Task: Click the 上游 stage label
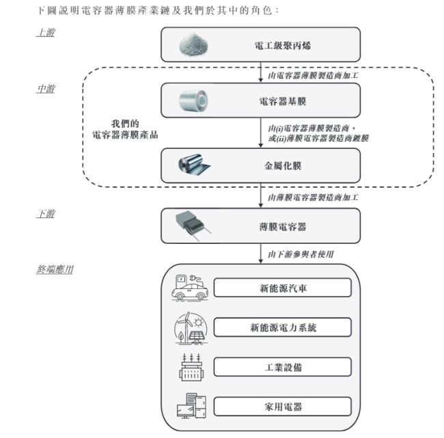tap(45, 33)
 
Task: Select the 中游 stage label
tap(45, 90)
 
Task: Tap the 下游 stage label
tap(45, 215)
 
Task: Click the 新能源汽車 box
tap(282, 288)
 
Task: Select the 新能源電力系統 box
tap(282, 328)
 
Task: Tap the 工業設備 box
tap(282, 367)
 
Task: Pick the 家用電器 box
tap(282, 407)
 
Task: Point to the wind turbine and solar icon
tap(189, 328)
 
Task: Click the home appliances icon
tap(189, 407)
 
